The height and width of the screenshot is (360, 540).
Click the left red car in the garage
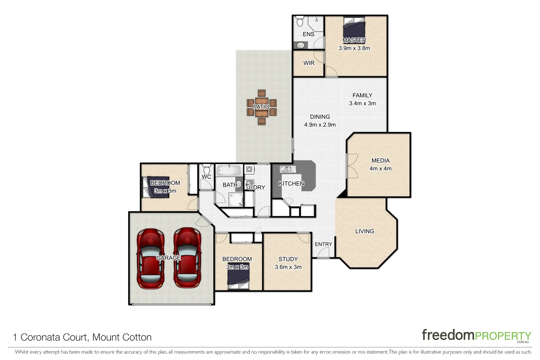(151, 258)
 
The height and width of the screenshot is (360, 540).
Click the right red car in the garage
(187, 258)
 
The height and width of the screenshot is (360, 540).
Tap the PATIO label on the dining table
(261, 107)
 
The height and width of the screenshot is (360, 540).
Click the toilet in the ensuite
(300, 21)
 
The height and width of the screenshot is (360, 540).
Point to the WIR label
(309, 63)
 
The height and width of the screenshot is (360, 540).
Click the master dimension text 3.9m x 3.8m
(354, 48)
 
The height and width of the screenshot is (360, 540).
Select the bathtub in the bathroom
(229, 171)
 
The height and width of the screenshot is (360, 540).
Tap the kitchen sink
(288, 169)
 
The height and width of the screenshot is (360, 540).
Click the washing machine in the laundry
(249, 169)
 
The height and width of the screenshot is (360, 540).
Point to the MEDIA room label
(381, 161)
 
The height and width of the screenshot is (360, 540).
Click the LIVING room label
(365, 231)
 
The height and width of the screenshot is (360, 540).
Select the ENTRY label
(323, 244)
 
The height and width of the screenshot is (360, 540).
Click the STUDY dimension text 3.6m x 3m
(288, 267)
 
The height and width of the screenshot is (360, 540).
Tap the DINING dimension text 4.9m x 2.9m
(320, 125)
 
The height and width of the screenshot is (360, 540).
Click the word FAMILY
(362, 95)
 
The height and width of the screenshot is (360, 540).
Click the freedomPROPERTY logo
(476, 335)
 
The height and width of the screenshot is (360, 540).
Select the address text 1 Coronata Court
(82, 337)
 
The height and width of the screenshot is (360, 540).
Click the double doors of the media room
(351, 166)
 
